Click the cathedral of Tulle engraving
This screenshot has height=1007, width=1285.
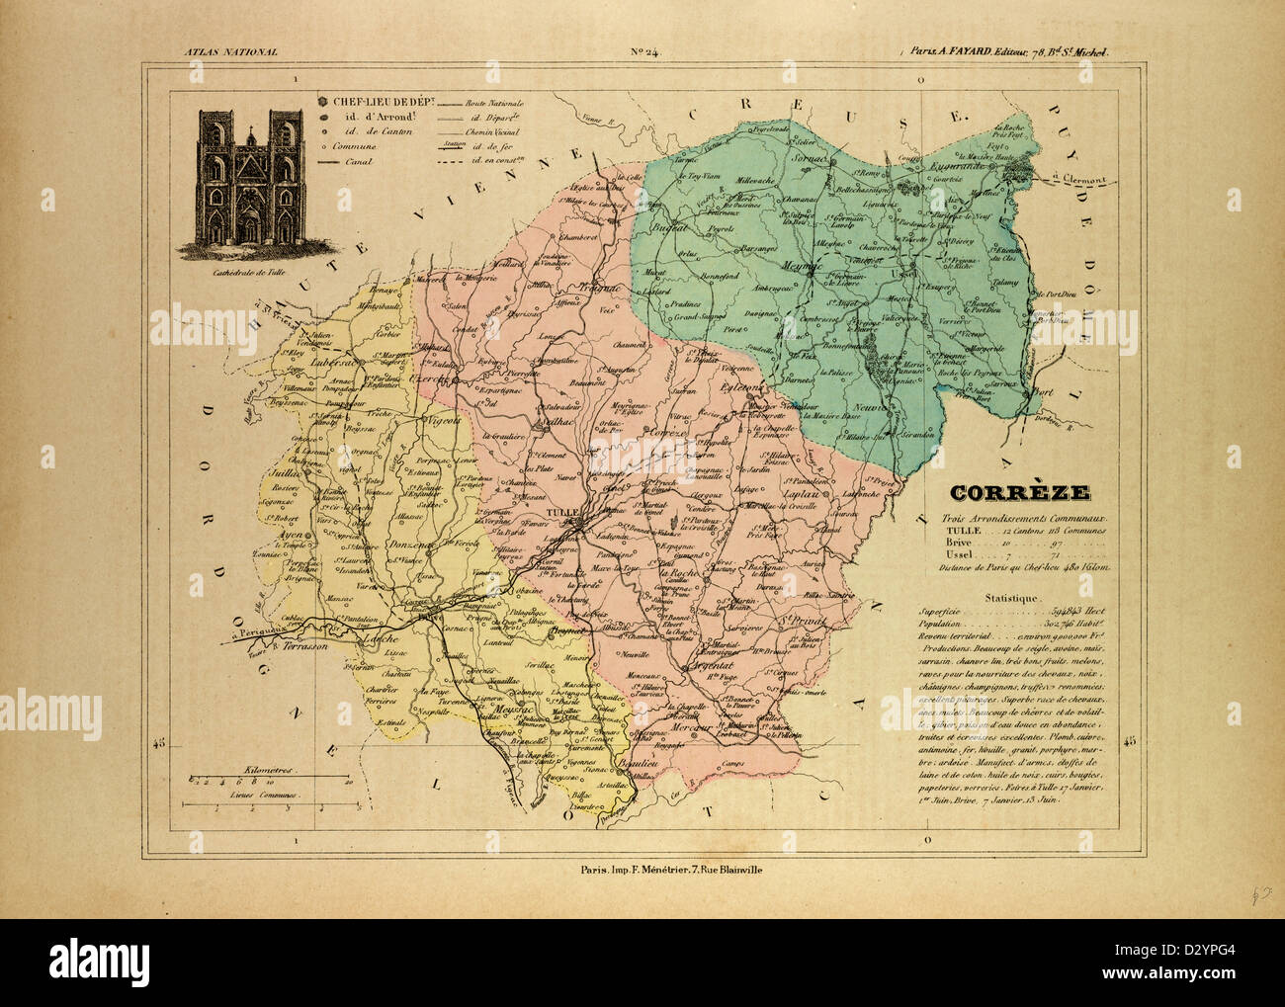point(246,178)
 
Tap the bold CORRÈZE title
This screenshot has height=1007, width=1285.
point(1020,493)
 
